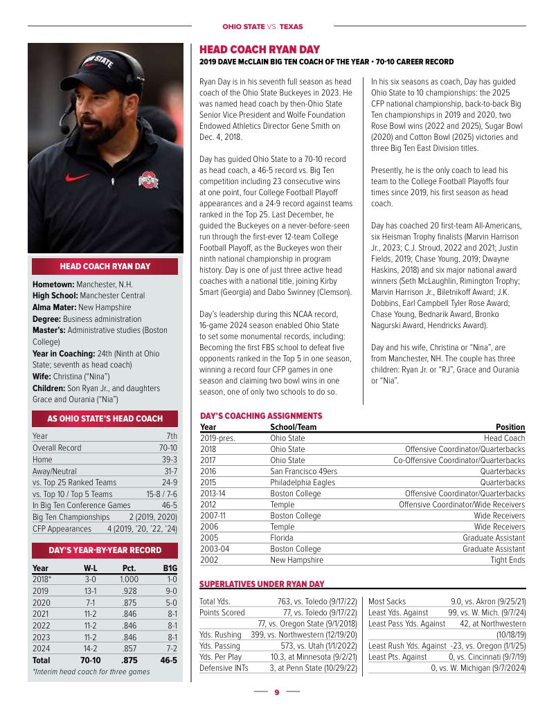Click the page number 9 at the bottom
[276, 692]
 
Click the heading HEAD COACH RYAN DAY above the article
[260, 50]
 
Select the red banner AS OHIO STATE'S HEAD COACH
[105, 418]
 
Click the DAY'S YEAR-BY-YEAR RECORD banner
[105, 550]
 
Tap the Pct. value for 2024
[128, 649]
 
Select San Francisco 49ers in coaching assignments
[303, 471]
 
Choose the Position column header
[510, 427]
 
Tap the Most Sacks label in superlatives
[387, 602]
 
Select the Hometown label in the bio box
[53, 285]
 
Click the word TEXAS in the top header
[292, 26]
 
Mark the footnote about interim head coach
[91, 672]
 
